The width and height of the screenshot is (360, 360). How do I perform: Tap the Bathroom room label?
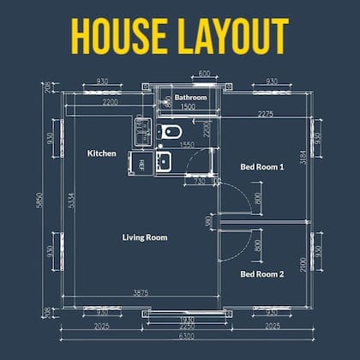tap(190, 99)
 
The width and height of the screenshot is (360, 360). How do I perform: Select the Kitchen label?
tap(102, 153)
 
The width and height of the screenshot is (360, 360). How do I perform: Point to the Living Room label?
tap(145, 237)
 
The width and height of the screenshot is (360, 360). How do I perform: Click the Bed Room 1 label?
tap(261, 167)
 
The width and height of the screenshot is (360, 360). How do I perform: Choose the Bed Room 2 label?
tap(261, 274)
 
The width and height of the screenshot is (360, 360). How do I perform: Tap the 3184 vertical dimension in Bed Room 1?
tap(303, 159)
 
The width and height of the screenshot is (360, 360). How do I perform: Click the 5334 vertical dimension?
tap(70, 204)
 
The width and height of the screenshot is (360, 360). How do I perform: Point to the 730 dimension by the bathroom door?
tap(200, 182)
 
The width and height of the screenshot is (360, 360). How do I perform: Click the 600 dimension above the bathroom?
tap(205, 74)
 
